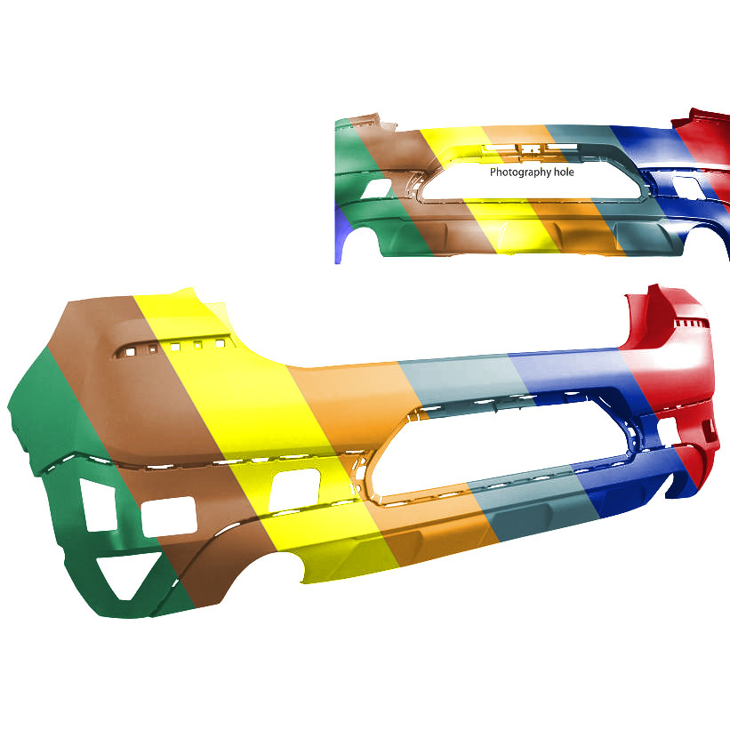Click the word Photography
click(520, 172)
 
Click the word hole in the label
click(564, 172)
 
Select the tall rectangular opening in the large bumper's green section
click(98, 505)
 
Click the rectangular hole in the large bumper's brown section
click(169, 516)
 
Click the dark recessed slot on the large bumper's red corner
click(710, 430)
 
